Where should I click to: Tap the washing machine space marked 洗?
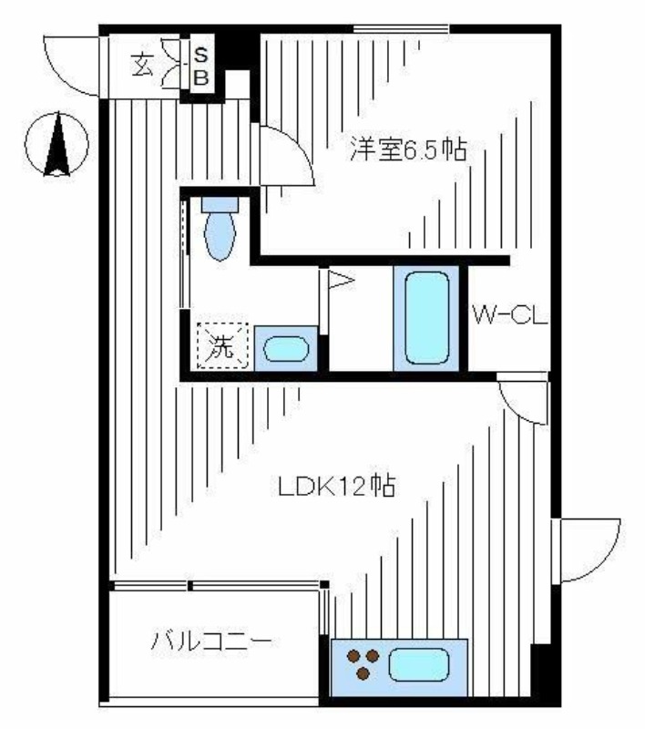click(222, 346)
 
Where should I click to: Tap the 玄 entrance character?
click(143, 67)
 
